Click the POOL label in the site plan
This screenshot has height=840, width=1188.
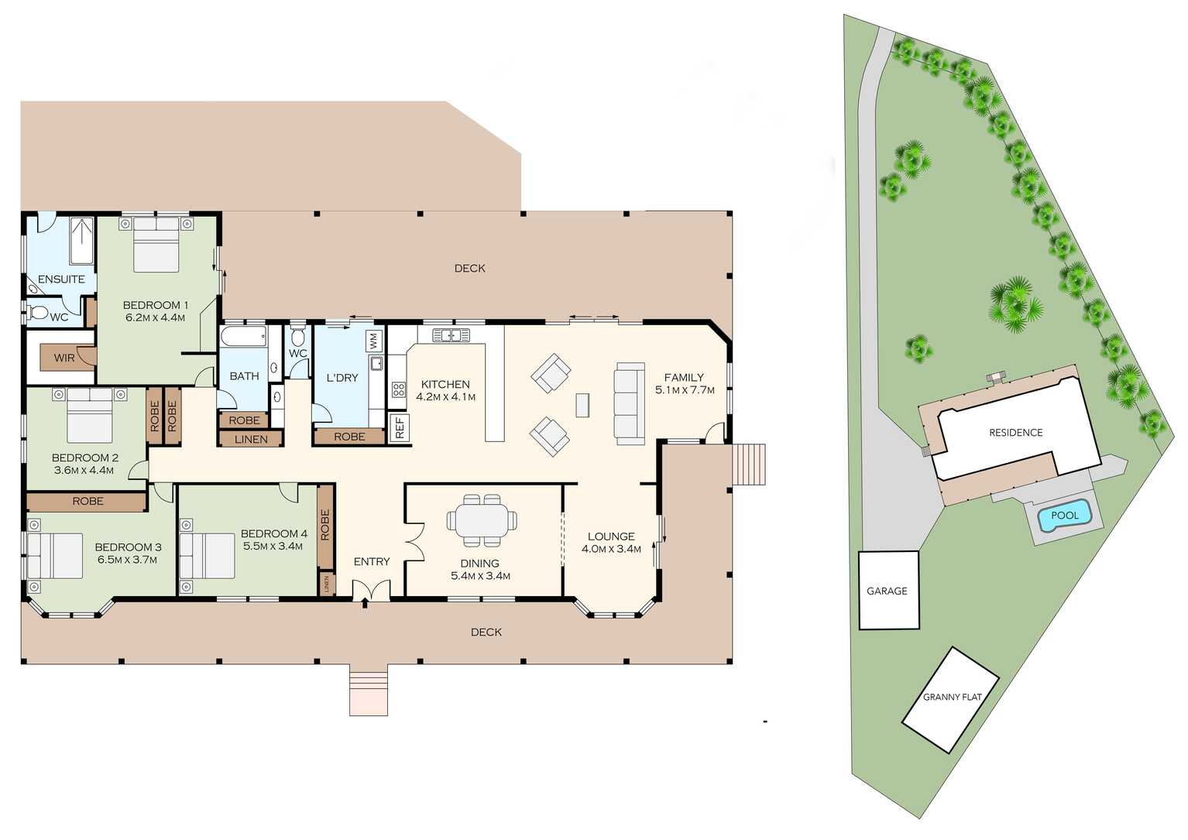coord(1064,516)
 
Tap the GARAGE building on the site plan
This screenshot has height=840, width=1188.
coord(889,590)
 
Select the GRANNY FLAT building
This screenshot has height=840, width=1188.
coord(951,699)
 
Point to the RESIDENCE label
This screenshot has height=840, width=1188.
coord(1015,433)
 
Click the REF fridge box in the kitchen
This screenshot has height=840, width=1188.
coord(400,427)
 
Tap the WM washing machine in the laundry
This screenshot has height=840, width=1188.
coord(373,341)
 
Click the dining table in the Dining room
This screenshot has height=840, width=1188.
coord(482,520)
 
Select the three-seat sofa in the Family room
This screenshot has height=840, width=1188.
coord(630,404)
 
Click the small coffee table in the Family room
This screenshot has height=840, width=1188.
coord(582,405)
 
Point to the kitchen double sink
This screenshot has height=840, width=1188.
coord(452,335)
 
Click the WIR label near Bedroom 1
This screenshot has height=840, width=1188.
coord(64,358)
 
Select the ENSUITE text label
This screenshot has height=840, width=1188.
coord(61,279)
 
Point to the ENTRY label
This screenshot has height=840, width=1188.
coord(372,561)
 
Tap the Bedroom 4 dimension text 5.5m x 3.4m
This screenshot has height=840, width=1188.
coord(273,547)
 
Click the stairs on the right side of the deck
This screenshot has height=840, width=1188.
coord(748,464)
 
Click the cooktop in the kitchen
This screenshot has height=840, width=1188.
coord(398,390)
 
